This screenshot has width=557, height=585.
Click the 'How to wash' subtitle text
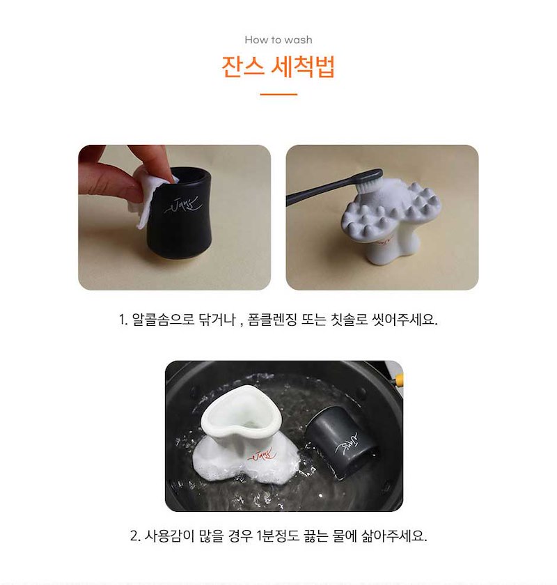278,40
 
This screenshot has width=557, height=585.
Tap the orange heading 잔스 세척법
278,66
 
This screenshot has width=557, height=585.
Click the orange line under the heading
278,95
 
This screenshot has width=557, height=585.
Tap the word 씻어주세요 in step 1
405,320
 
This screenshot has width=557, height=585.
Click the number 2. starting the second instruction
135,536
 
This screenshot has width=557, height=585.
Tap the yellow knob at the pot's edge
399,380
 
